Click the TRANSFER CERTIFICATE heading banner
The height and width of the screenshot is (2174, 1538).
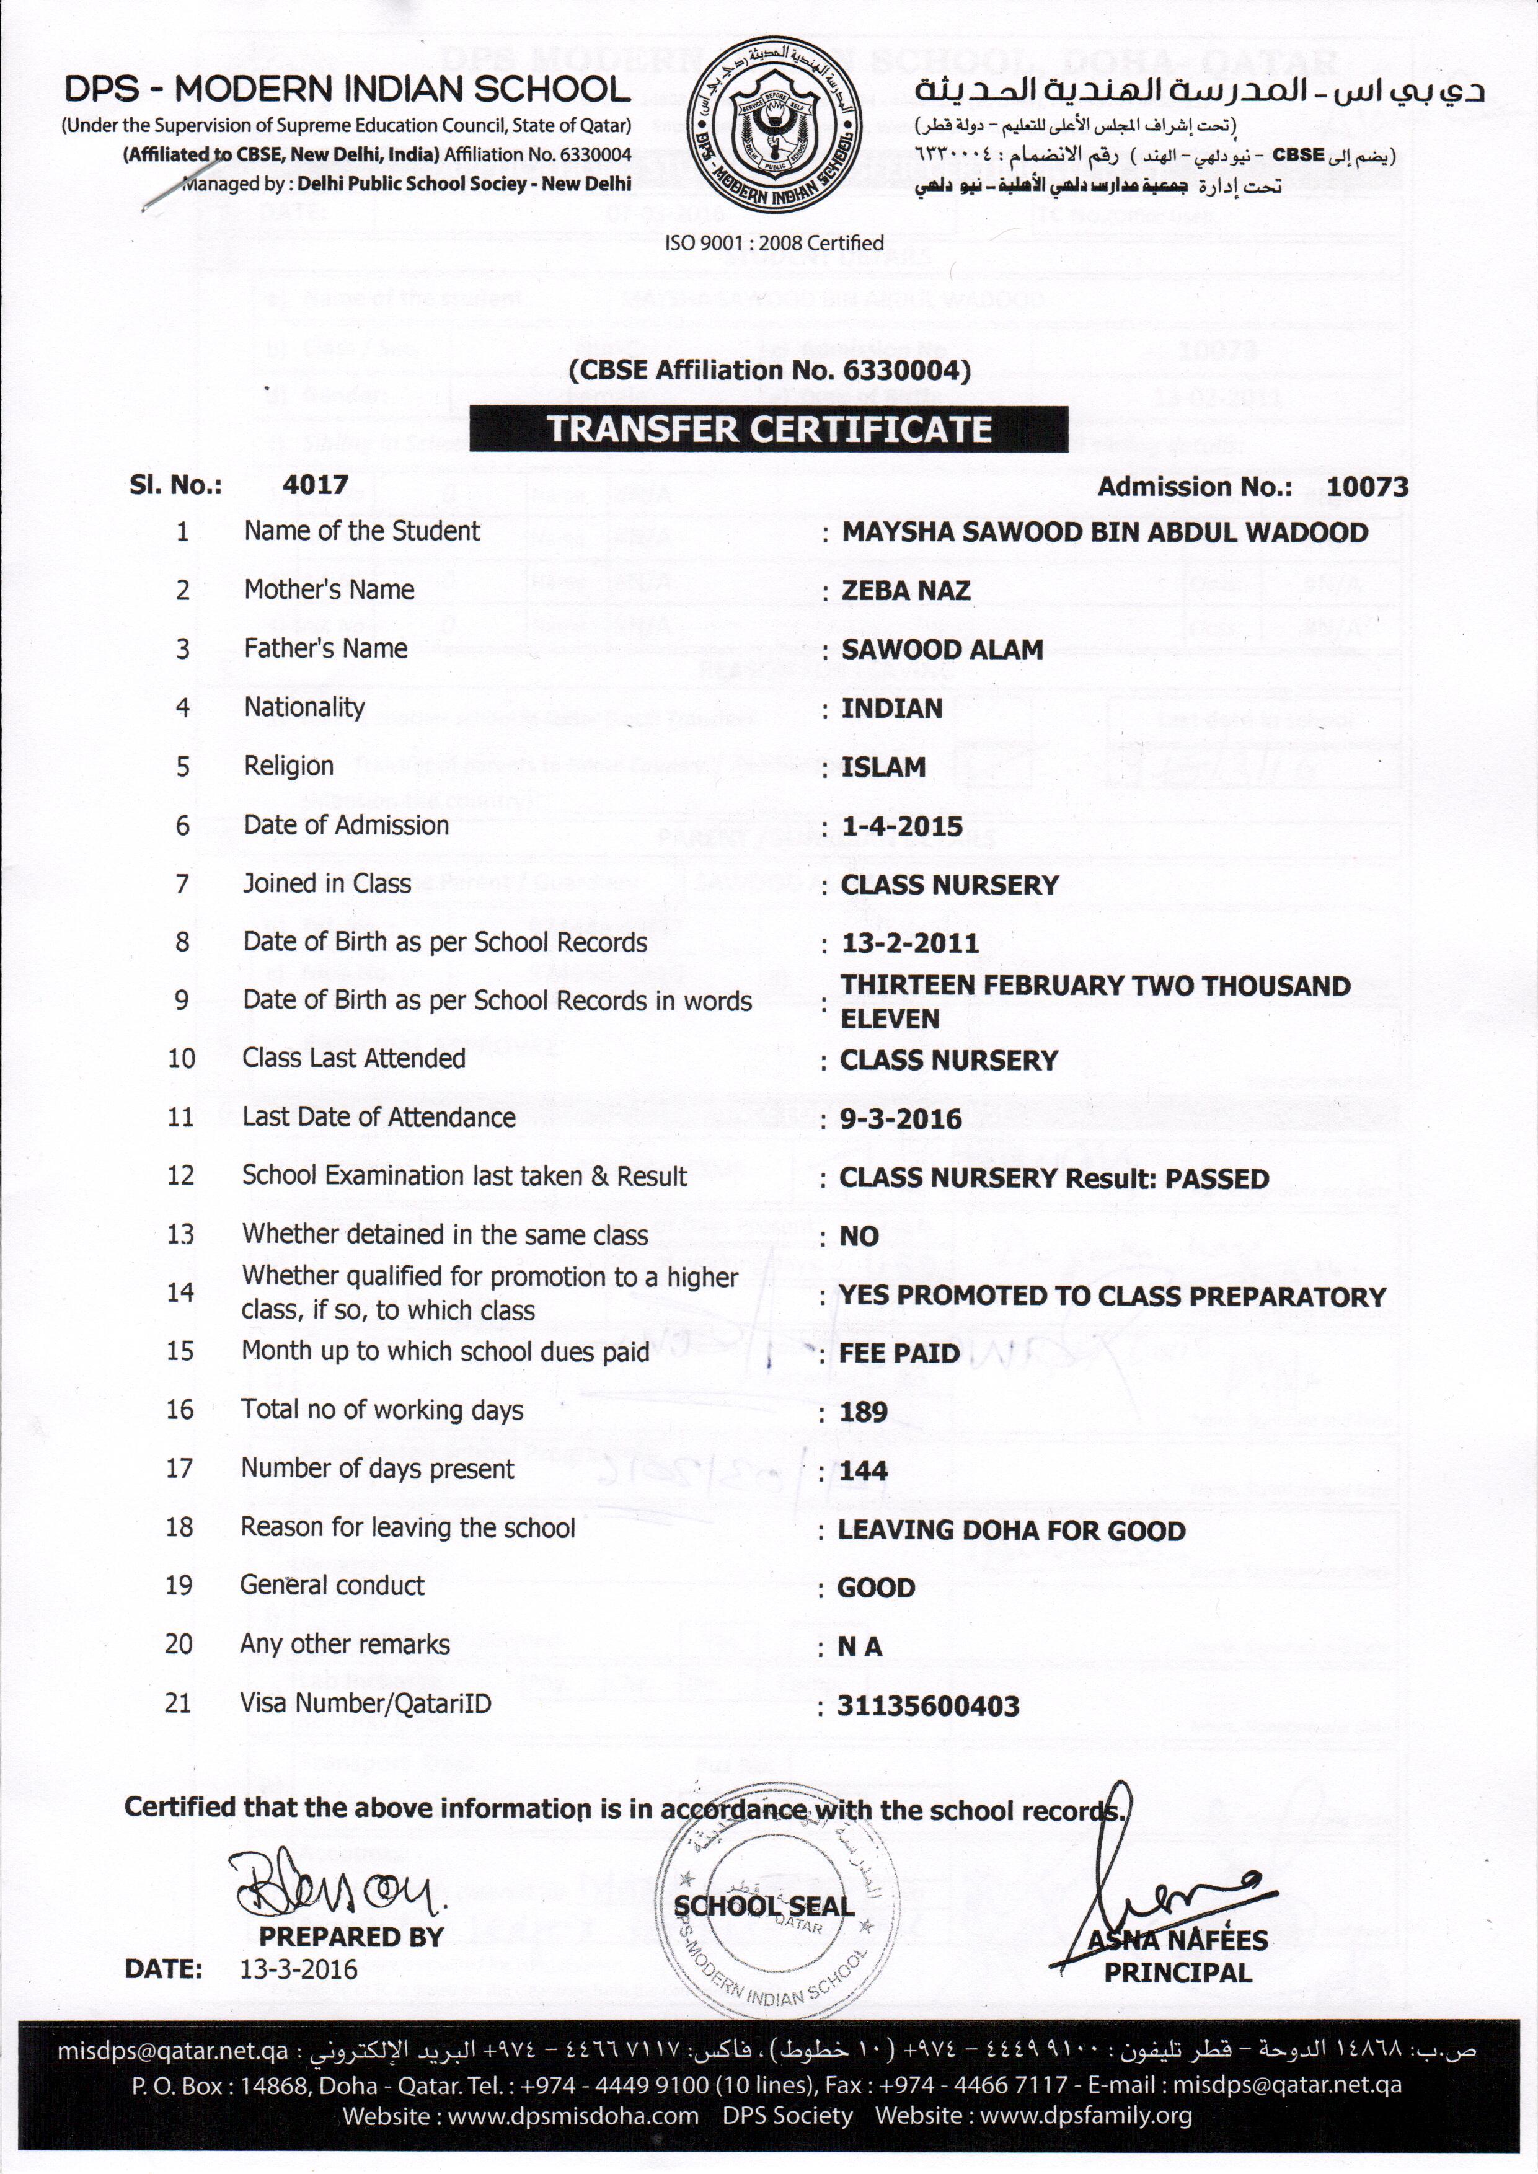(769, 429)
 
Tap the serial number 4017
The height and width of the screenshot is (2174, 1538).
(316, 486)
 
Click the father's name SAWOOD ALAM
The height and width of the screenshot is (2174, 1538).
(942, 650)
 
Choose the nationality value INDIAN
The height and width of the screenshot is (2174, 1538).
(892, 709)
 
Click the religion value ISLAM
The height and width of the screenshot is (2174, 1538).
(883, 767)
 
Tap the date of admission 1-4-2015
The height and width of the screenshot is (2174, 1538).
(901, 826)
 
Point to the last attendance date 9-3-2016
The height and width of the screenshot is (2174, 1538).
(901, 1119)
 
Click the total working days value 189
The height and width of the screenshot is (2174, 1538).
(864, 1412)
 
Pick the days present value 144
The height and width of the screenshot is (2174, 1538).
(864, 1470)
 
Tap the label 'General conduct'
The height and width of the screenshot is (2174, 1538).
(332, 1585)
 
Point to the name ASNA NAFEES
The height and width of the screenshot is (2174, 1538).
(1177, 1940)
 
